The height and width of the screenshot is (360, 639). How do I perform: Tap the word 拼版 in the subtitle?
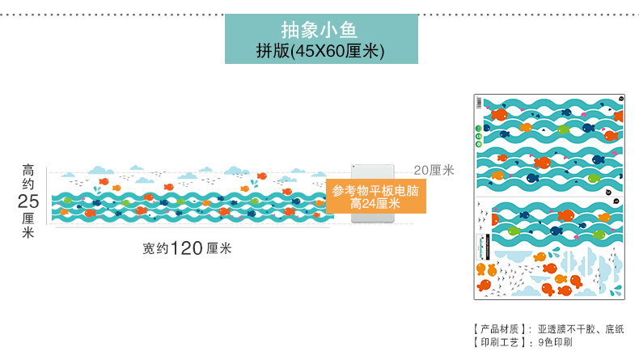coord(272,51)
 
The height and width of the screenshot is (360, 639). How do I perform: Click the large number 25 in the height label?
coord(28,201)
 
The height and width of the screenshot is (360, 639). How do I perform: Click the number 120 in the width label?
coord(185,248)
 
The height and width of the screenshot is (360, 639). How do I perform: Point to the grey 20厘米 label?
coord(434,170)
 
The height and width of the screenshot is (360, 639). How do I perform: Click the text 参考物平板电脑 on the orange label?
coord(375,192)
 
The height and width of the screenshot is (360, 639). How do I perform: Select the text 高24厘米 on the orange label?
coord(375,204)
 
